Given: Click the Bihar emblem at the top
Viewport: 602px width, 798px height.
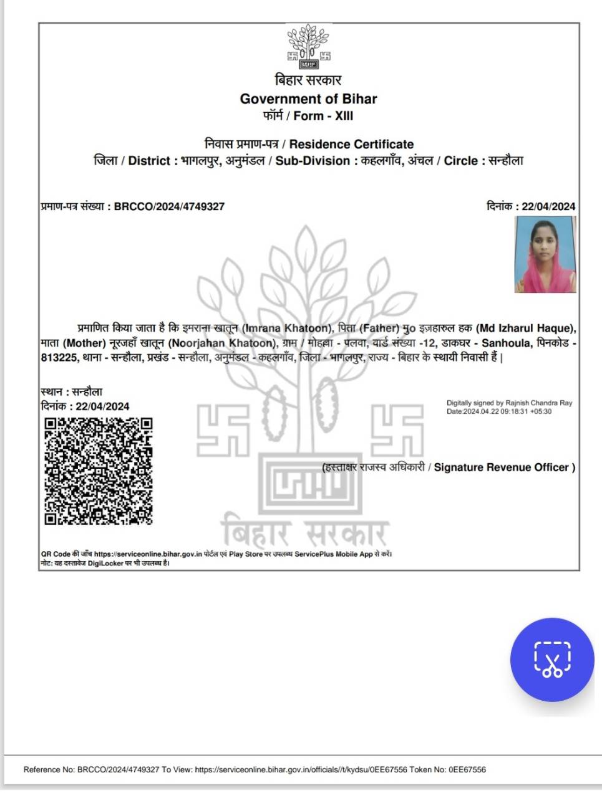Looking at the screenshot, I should click(x=308, y=47).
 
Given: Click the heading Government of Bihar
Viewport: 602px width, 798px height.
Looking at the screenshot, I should click(x=308, y=99).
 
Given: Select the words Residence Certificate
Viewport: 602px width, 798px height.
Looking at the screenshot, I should click(x=351, y=144).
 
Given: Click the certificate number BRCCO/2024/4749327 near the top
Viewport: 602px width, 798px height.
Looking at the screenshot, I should click(x=169, y=206).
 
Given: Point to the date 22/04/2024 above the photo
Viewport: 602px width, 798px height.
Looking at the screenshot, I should click(x=548, y=206).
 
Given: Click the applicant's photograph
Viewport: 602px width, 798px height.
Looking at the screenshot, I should click(x=545, y=255).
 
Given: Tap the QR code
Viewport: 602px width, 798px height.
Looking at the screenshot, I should click(x=98, y=471).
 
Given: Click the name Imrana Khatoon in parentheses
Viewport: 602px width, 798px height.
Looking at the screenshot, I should click(x=286, y=328).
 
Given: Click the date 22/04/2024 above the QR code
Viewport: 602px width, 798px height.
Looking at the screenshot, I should click(x=102, y=406).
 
